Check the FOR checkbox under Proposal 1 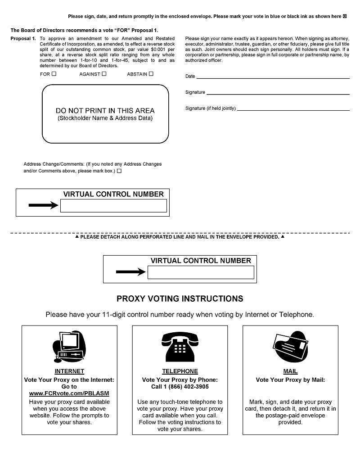tap(54, 74)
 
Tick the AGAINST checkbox tap(104, 74)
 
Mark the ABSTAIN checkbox tap(151, 74)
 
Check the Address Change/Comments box tap(119, 171)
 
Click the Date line tap(273, 76)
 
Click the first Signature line tap(278, 92)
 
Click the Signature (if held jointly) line tap(293, 108)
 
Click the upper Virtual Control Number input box tap(113, 206)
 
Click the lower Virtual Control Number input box tap(201, 272)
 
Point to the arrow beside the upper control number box tap(43, 206)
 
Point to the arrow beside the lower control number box tap(130, 272)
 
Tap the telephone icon tap(180, 347)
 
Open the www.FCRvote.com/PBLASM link tap(69, 393)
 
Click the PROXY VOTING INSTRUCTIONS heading tap(180, 299)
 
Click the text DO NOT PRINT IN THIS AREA tap(105, 111)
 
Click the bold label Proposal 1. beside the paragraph tap(23, 39)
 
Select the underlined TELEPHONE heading tap(180, 371)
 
